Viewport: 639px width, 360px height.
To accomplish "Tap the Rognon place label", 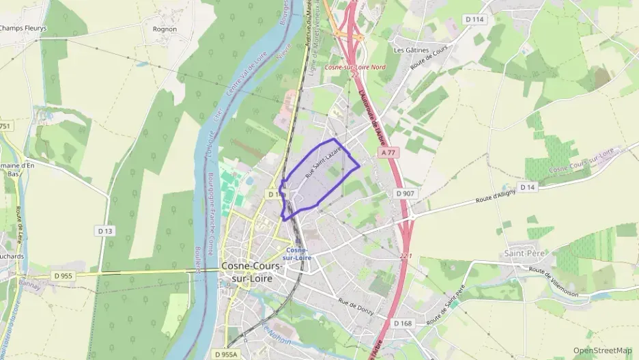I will (x=165, y=29).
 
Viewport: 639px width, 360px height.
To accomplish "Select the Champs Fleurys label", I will (x=23, y=29).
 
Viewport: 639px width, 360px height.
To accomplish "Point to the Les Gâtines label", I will (x=411, y=50).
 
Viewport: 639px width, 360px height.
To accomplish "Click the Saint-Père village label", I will (x=519, y=254).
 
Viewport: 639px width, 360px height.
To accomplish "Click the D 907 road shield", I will (x=405, y=193).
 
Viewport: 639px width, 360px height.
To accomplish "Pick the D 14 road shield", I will (x=527, y=186).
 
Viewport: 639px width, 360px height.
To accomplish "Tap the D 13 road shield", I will (x=104, y=231).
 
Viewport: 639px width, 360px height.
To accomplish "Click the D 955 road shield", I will (x=63, y=275).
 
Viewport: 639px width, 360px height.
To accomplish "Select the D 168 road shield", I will (x=403, y=323).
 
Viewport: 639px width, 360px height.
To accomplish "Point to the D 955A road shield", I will (x=225, y=355).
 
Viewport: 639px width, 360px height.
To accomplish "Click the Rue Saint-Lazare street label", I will (x=323, y=165).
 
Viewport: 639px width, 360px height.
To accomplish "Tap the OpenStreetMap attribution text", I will (x=602, y=350).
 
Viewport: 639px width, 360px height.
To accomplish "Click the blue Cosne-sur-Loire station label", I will (x=299, y=253).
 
